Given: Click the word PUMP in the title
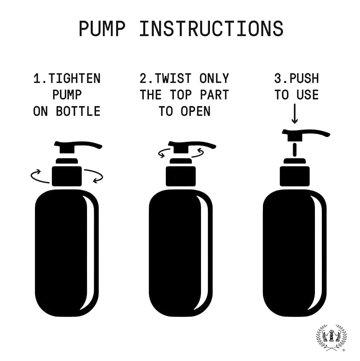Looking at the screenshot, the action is pyautogui.click(x=102, y=29).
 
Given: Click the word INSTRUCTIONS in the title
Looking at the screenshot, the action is pyautogui.click(x=212, y=29).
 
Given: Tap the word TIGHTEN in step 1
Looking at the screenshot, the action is pyautogui.click(x=74, y=79).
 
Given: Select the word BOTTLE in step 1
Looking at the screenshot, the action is pyautogui.click(x=78, y=111).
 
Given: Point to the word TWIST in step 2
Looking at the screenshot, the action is pyautogui.click(x=173, y=79).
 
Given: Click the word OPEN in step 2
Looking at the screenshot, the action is pyautogui.click(x=196, y=111).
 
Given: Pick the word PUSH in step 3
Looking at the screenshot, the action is pyautogui.click(x=304, y=79).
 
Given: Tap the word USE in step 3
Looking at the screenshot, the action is pyautogui.click(x=308, y=95).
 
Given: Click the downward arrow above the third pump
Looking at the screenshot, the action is pyautogui.click(x=294, y=114).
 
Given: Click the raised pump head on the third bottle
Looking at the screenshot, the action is pyautogui.click(x=299, y=135).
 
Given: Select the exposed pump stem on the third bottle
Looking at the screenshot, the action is pyautogui.click(x=295, y=150).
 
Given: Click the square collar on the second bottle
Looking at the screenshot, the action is pyautogui.click(x=181, y=176).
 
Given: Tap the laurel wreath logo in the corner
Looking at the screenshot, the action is pyautogui.click(x=331, y=338).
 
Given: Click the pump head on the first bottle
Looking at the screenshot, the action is pyautogui.click(x=69, y=147).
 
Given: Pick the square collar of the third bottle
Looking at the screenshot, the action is pyautogui.click(x=295, y=176).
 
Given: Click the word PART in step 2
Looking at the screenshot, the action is pyautogui.click(x=214, y=95).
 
